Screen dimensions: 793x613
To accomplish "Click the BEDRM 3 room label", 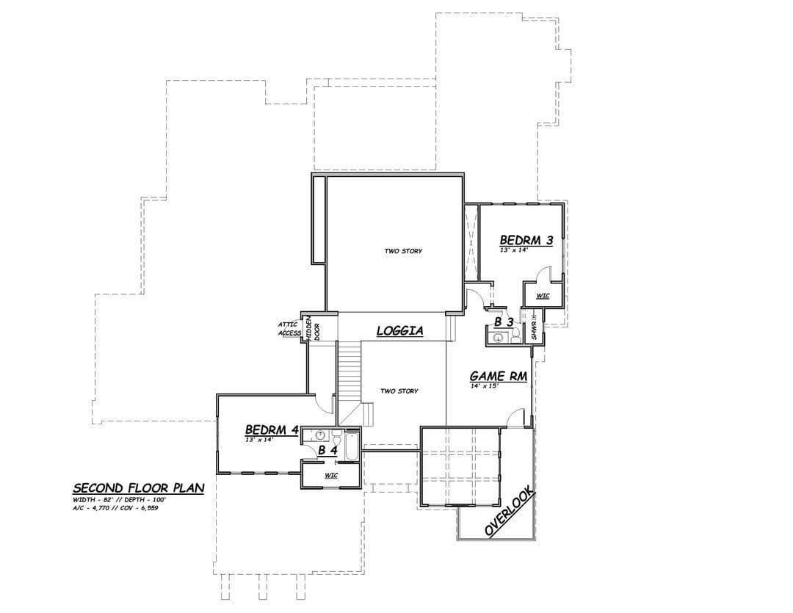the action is click(x=526, y=240).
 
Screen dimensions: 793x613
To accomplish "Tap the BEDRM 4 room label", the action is click(x=272, y=430).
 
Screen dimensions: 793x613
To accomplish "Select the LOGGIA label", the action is click(x=400, y=331).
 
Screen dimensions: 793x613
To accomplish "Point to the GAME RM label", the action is click(x=498, y=377).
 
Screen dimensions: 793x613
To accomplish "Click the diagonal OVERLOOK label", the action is click(x=510, y=511).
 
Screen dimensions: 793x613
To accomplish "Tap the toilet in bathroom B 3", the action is click(x=515, y=335).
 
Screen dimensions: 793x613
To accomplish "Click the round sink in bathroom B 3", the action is click(x=499, y=338).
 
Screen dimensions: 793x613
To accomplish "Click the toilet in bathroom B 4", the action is click(x=336, y=435).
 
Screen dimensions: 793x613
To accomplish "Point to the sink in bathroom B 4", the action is click(x=319, y=435).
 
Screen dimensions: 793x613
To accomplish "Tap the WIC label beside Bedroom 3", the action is click(x=543, y=296).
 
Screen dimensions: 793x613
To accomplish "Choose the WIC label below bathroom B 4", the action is click(x=331, y=476).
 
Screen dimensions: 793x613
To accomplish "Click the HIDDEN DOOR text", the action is click(x=313, y=329).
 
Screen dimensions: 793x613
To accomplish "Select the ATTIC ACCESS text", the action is click(x=289, y=329).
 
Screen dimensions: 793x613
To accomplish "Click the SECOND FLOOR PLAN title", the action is click(x=139, y=488).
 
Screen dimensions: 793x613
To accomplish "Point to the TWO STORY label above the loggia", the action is click(x=403, y=251).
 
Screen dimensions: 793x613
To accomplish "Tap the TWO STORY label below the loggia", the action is click(x=399, y=391).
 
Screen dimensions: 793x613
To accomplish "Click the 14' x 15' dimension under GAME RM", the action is click(x=485, y=385).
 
